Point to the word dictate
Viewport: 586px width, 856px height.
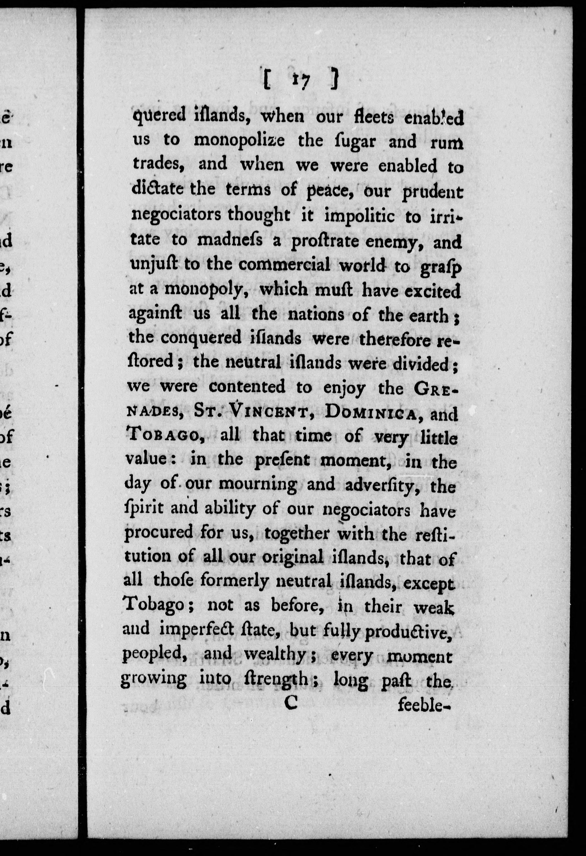(x=158, y=190)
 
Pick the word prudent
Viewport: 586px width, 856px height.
(x=432, y=193)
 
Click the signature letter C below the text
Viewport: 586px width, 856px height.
(x=290, y=703)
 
